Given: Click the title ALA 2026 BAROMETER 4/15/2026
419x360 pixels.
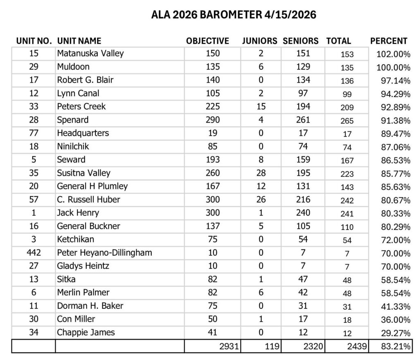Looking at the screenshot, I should (x=234, y=15).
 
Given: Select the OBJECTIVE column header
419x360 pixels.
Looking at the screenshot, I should (x=207, y=41).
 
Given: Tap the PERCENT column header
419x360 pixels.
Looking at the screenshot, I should (x=388, y=41).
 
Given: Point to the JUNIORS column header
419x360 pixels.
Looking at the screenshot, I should (x=259, y=41).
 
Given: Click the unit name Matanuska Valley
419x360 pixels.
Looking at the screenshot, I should (x=90, y=53).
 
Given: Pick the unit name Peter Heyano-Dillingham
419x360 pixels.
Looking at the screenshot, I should (x=104, y=253).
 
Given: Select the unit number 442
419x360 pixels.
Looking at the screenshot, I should (x=34, y=253).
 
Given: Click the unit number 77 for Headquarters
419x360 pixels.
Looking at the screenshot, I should (x=34, y=133).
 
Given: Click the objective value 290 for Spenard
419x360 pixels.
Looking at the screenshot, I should (x=213, y=120).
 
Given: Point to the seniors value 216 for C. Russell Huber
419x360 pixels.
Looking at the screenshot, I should (x=303, y=200).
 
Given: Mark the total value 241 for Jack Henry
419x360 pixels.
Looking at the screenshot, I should (x=347, y=214).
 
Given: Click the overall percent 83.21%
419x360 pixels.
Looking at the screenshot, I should (x=395, y=346).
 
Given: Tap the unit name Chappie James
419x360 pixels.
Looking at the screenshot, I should (x=86, y=332).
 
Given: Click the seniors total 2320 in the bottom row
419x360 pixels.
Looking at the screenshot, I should (x=313, y=346).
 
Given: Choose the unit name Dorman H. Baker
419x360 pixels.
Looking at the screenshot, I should (x=90, y=306).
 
